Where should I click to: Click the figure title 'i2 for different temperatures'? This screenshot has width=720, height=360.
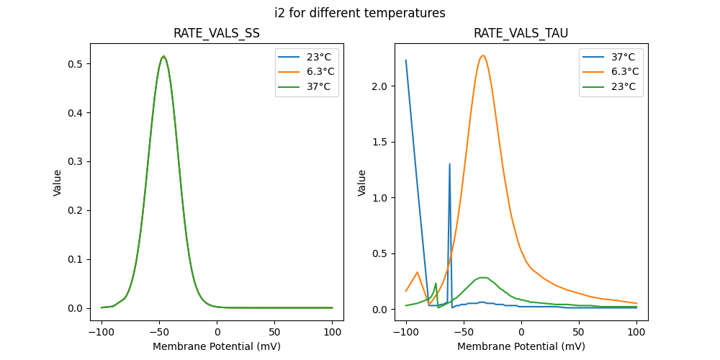[x=360, y=13]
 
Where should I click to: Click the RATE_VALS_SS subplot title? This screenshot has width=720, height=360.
[x=217, y=34]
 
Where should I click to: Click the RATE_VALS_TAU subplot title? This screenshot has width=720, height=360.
[x=521, y=34]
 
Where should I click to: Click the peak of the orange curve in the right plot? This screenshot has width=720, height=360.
[x=483, y=55]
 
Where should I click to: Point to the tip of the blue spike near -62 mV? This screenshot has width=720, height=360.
[x=450, y=164]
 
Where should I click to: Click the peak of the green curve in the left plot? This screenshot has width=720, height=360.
[x=164, y=56]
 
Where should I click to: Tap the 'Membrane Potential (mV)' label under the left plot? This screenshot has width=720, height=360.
[x=217, y=346]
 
